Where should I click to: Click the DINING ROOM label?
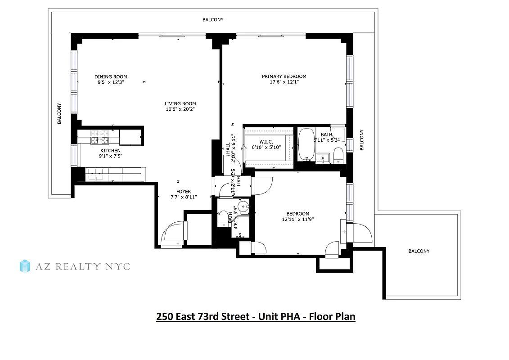111,76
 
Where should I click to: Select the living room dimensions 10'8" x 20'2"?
180,109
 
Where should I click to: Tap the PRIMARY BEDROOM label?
284,76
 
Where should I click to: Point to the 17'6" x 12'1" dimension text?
284,82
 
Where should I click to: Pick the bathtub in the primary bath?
307,144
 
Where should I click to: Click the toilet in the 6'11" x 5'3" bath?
338,156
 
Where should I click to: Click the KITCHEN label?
110,150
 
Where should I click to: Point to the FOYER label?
184,192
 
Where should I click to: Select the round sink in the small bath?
243,207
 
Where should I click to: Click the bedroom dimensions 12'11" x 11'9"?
298,220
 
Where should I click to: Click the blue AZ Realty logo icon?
25,266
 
